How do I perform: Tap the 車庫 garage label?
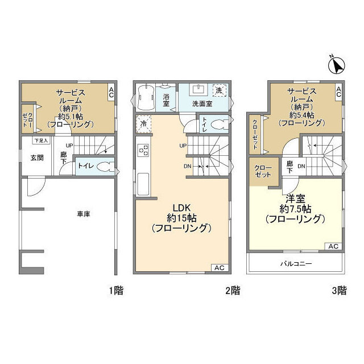[x=84, y=214]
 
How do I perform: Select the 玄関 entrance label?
[x=37, y=158]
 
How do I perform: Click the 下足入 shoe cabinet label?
[x=40, y=140]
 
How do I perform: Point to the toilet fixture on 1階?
[x=104, y=166]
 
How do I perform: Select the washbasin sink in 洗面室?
[x=198, y=89]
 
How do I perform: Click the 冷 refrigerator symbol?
[x=143, y=123]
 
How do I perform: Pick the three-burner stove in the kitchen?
[x=144, y=151]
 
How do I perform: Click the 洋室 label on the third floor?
[x=295, y=198]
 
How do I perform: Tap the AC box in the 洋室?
[x=333, y=246]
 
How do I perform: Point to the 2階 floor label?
[x=232, y=291]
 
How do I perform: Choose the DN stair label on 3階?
[x=301, y=166]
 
